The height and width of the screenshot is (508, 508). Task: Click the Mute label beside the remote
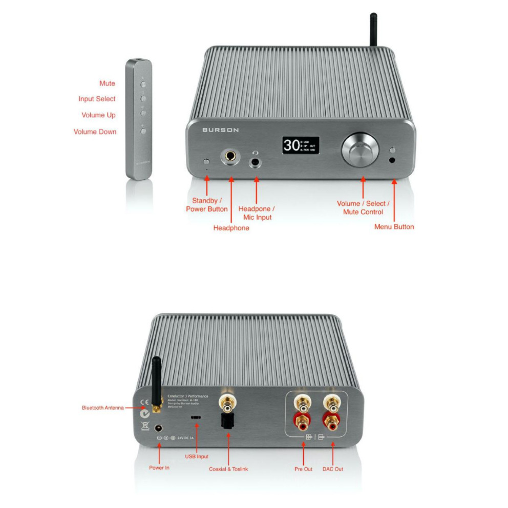pyautogui.click(x=107, y=83)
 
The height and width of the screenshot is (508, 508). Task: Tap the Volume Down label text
pyautogui.click(x=95, y=132)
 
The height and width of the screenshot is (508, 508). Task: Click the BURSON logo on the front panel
pyautogui.click(x=220, y=130)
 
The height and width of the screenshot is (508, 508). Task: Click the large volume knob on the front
pyautogui.click(x=361, y=150)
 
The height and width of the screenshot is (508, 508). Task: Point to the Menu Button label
pyautogui.click(x=394, y=226)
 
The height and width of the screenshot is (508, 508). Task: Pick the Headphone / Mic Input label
pyautogui.click(x=257, y=213)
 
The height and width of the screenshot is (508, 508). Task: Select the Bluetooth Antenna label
pyautogui.click(x=102, y=408)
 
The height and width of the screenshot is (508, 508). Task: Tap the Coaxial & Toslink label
pyautogui.click(x=228, y=469)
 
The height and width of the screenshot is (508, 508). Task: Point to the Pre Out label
pyautogui.click(x=303, y=469)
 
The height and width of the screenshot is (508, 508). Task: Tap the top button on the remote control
pyautogui.click(x=143, y=82)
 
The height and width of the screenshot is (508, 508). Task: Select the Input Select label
pyautogui.click(x=97, y=99)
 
